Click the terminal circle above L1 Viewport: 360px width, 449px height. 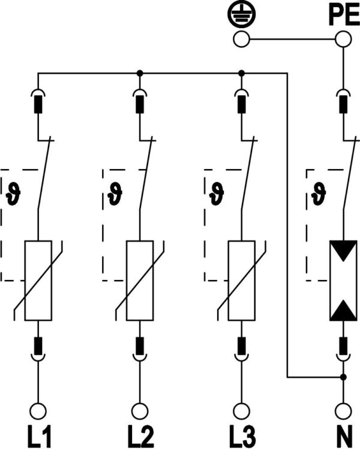point(38,411)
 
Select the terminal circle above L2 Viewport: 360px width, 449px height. point(140,411)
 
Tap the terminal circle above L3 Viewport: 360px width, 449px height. point(241,411)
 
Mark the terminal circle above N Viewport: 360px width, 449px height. point(343,411)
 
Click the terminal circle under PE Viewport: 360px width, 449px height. point(343,40)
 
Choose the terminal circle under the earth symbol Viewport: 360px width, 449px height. point(241,40)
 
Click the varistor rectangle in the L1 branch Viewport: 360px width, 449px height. point(38,280)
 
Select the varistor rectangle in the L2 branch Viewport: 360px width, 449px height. point(140,280)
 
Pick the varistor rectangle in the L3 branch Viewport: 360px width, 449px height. point(241,280)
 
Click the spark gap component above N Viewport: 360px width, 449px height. point(343,280)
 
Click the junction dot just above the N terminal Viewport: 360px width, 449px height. point(343,378)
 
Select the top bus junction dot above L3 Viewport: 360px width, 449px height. point(241,73)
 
